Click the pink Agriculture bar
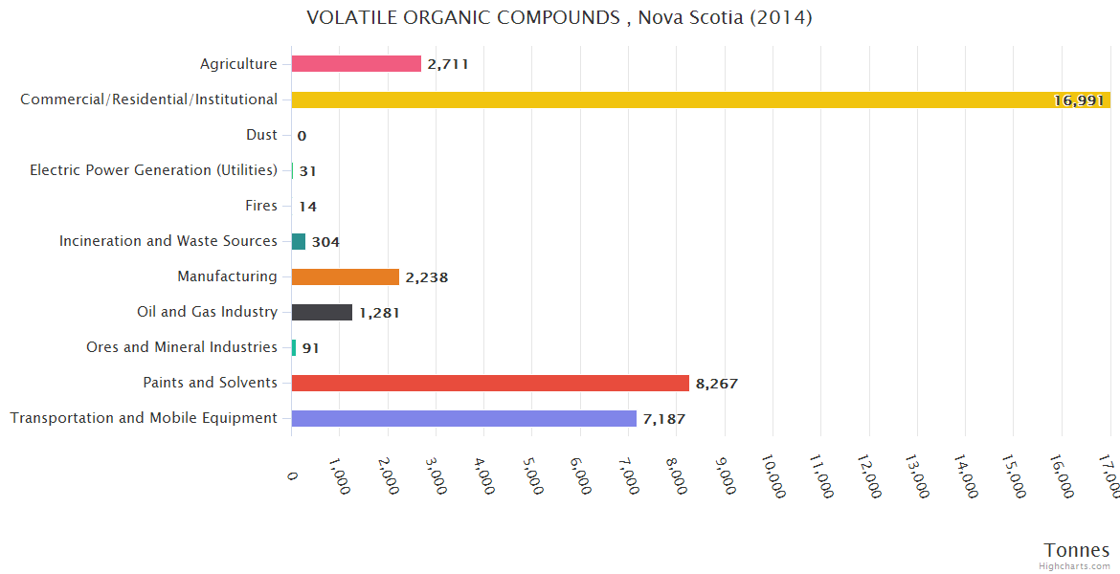tap(356, 64)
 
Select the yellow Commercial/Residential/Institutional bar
tap(670, 99)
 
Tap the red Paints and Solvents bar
tap(490, 383)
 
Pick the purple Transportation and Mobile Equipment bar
tap(464, 418)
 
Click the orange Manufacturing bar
tap(346, 276)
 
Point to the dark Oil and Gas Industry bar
tap(322, 312)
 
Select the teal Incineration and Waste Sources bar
tap(299, 241)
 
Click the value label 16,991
tap(1079, 100)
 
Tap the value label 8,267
tap(717, 384)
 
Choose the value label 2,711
tap(448, 65)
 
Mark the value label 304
tap(325, 242)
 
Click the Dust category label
tap(261, 135)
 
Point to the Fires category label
tap(261, 206)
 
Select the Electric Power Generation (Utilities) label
tap(153, 170)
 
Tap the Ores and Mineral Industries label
tap(182, 347)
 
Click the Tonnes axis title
tap(1076, 549)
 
